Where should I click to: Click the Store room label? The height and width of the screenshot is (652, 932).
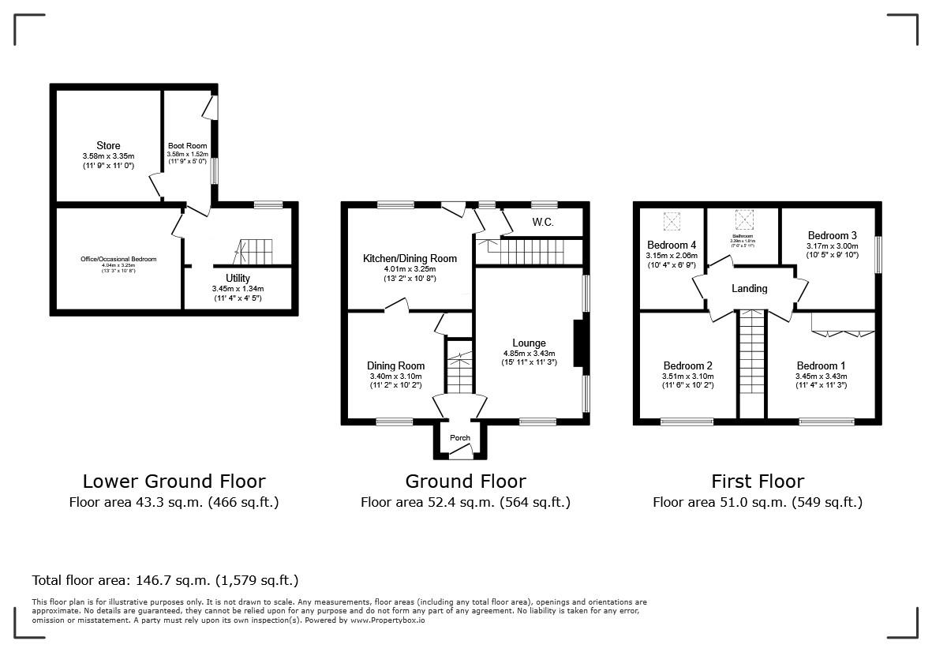point(108,145)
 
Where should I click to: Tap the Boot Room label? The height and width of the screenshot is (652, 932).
point(187,146)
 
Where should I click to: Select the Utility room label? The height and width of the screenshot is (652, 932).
point(238,278)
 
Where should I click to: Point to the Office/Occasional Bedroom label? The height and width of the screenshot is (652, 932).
point(118,259)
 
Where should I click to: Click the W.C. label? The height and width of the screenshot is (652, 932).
point(542,223)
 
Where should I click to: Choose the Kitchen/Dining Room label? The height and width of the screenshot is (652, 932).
point(410,258)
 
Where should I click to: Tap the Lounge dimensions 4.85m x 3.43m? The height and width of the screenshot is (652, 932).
point(529,353)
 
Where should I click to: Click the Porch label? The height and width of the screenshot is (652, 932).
point(459,438)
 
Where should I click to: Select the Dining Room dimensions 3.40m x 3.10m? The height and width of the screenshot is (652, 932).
point(395,377)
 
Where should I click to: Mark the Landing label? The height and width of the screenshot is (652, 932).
point(749,288)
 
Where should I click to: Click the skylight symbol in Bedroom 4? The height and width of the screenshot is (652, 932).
point(673,219)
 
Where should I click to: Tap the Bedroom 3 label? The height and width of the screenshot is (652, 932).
point(832,235)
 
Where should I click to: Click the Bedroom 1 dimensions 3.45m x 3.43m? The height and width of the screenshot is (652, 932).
point(821,377)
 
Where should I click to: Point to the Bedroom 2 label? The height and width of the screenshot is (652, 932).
point(687,365)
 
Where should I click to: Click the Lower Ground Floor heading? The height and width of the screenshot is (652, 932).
point(174,481)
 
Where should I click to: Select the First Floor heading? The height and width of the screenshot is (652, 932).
point(757,481)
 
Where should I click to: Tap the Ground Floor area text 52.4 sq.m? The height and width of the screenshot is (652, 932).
point(465,502)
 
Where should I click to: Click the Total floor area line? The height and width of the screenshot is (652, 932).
point(165,579)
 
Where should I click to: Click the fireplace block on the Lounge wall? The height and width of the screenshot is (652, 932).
point(578,343)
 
